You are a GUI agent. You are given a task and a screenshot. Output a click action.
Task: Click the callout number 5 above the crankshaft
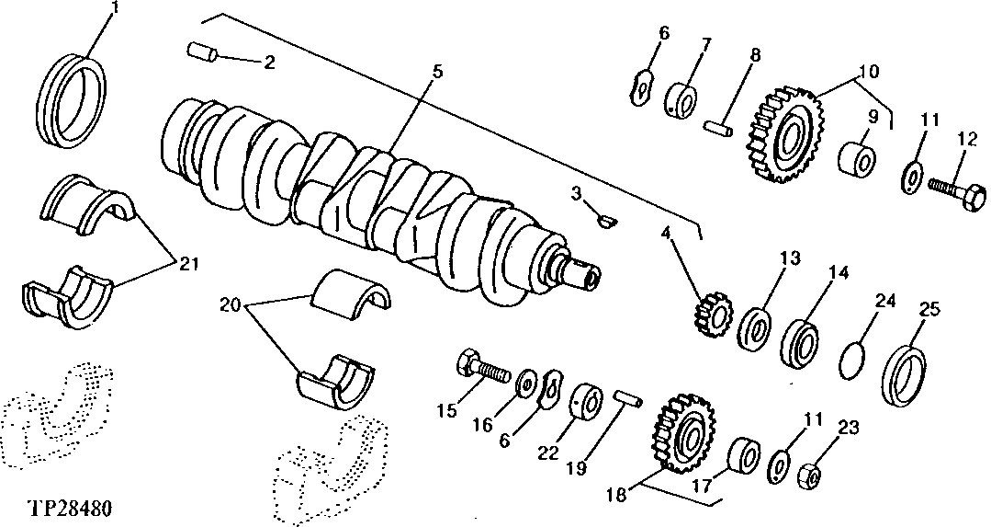[x=438, y=71]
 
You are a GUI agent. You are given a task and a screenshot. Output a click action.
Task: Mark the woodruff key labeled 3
[x=605, y=219]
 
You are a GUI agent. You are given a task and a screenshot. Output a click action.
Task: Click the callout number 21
[x=188, y=264]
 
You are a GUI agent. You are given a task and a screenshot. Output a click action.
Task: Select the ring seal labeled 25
[x=904, y=376]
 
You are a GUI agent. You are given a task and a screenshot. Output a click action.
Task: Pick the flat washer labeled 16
[x=528, y=380]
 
